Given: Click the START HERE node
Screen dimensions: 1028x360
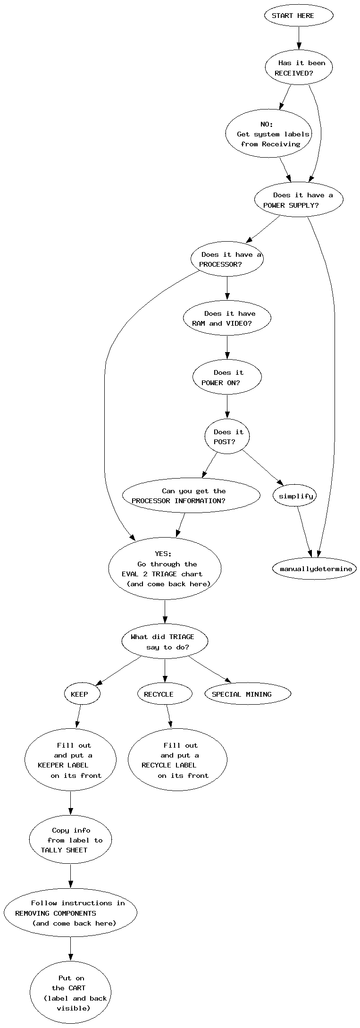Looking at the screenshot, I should coord(299,16).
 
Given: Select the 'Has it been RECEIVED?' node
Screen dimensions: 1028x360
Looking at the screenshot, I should coord(299,68).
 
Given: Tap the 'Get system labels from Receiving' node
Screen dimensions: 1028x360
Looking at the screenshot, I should coord(269,134).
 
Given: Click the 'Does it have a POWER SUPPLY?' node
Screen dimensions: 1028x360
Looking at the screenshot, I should coord(299,200).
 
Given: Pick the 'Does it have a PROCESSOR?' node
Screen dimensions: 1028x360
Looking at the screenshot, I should coord(227,259).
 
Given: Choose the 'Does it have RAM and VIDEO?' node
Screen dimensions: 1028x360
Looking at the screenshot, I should coord(227,319).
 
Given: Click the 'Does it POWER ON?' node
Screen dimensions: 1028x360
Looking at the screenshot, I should coord(227,378).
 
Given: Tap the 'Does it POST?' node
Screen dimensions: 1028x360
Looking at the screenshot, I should coord(227,437).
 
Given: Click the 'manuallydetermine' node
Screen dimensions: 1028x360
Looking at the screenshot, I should coord(315,569).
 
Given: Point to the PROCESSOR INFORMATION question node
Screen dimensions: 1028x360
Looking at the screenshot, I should coord(191,496).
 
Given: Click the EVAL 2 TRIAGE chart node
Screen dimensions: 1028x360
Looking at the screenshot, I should coord(165,569).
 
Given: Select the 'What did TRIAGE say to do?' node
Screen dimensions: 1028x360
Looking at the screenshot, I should coord(165,642).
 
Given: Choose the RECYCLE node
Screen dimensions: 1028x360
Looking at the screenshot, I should coord(165,694).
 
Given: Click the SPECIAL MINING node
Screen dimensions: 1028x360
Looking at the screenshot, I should coord(248,694).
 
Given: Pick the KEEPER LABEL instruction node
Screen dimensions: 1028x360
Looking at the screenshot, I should coord(70,760).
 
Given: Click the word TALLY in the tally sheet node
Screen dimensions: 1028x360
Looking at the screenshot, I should coord(51,850).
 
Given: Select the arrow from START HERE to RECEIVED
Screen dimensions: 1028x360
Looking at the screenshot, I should coord(299,38).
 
